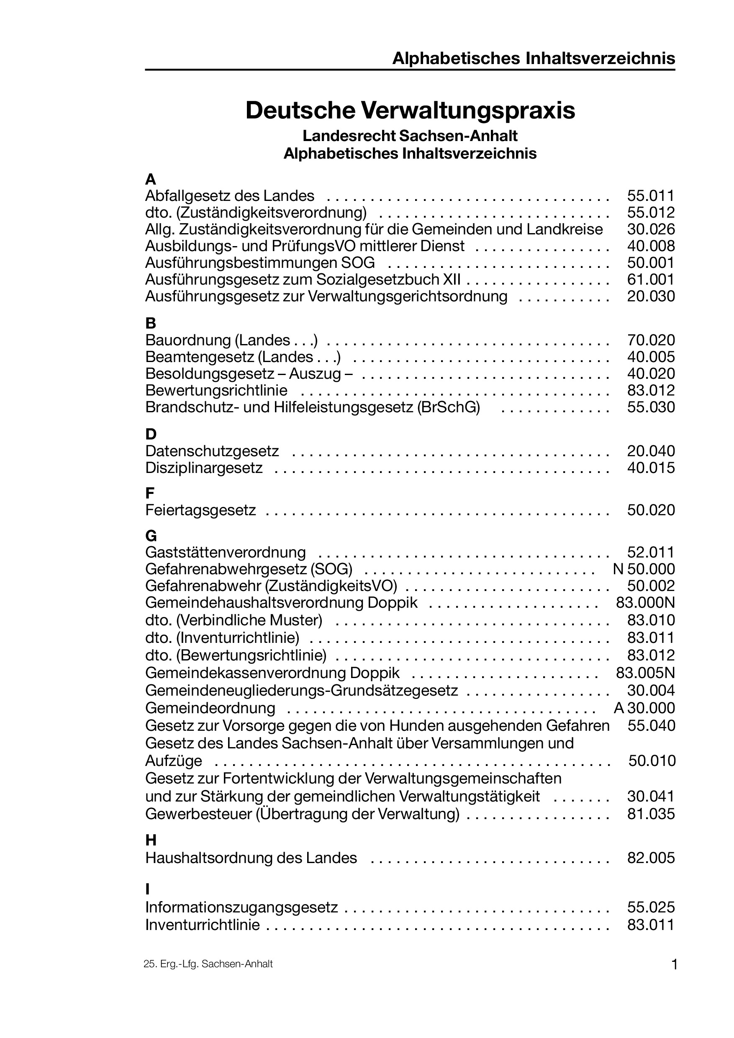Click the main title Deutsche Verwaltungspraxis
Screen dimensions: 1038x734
point(410,111)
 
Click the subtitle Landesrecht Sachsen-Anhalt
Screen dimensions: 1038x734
point(410,136)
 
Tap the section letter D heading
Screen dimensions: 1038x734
point(151,434)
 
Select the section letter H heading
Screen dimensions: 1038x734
point(151,840)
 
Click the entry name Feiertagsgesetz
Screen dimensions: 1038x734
point(201,510)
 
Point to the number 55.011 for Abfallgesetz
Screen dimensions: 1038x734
point(650,196)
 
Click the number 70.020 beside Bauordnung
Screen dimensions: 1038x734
point(650,340)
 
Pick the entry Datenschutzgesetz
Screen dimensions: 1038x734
point(212,451)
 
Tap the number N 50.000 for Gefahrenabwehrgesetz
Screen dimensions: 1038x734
point(644,569)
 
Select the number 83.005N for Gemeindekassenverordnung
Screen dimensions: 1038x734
point(645,673)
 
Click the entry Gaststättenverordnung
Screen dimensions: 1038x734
point(226,552)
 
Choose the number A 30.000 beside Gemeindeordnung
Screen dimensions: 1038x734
point(644,708)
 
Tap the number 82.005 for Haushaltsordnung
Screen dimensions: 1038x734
point(650,858)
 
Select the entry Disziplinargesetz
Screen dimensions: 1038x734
point(204,468)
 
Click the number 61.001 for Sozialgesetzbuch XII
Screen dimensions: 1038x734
point(650,280)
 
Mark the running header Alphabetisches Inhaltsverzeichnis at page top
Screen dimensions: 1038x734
point(533,59)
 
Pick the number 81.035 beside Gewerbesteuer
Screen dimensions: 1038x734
point(650,814)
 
